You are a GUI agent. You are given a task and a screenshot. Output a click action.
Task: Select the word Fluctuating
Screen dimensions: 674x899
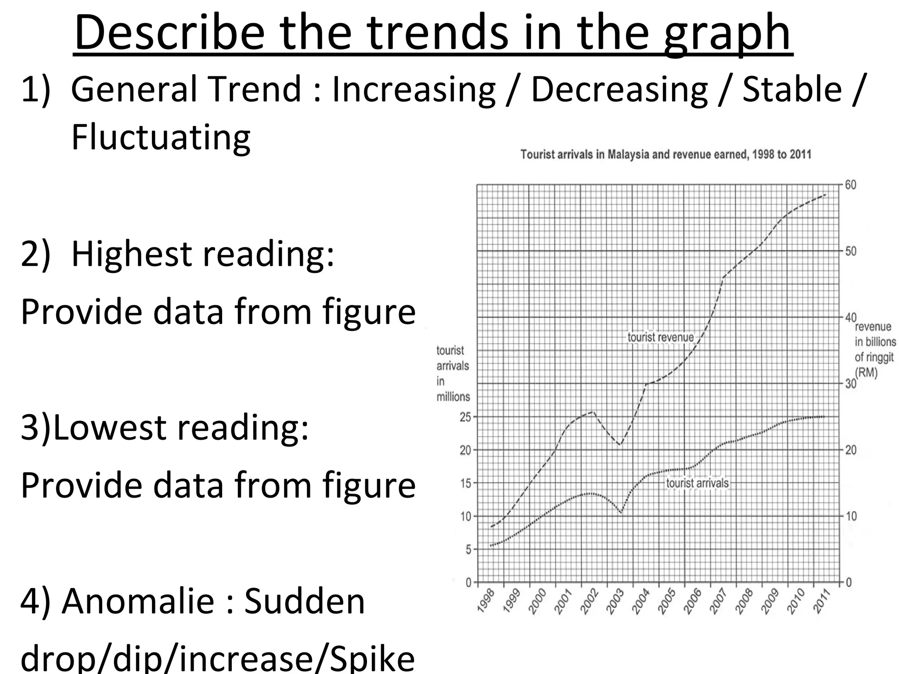point(161,137)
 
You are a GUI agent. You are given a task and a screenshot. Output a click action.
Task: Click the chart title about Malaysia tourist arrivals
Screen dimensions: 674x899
point(665,154)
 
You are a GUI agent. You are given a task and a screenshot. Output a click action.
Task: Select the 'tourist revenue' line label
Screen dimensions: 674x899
point(660,337)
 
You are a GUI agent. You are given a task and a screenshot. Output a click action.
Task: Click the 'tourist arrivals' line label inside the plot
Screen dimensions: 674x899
point(697,483)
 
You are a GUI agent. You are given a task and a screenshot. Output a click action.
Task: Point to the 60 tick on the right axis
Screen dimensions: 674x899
point(850,185)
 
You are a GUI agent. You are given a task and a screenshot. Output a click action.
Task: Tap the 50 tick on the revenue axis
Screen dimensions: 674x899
point(850,251)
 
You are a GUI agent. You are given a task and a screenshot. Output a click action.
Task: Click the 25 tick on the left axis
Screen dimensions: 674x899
point(465,417)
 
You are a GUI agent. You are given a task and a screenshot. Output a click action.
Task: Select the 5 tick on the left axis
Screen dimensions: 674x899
point(468,550)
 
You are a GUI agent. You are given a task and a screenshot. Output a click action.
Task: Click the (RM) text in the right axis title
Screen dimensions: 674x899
point(866,373)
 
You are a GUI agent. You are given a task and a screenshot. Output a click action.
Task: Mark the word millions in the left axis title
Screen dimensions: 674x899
point(453,397)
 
